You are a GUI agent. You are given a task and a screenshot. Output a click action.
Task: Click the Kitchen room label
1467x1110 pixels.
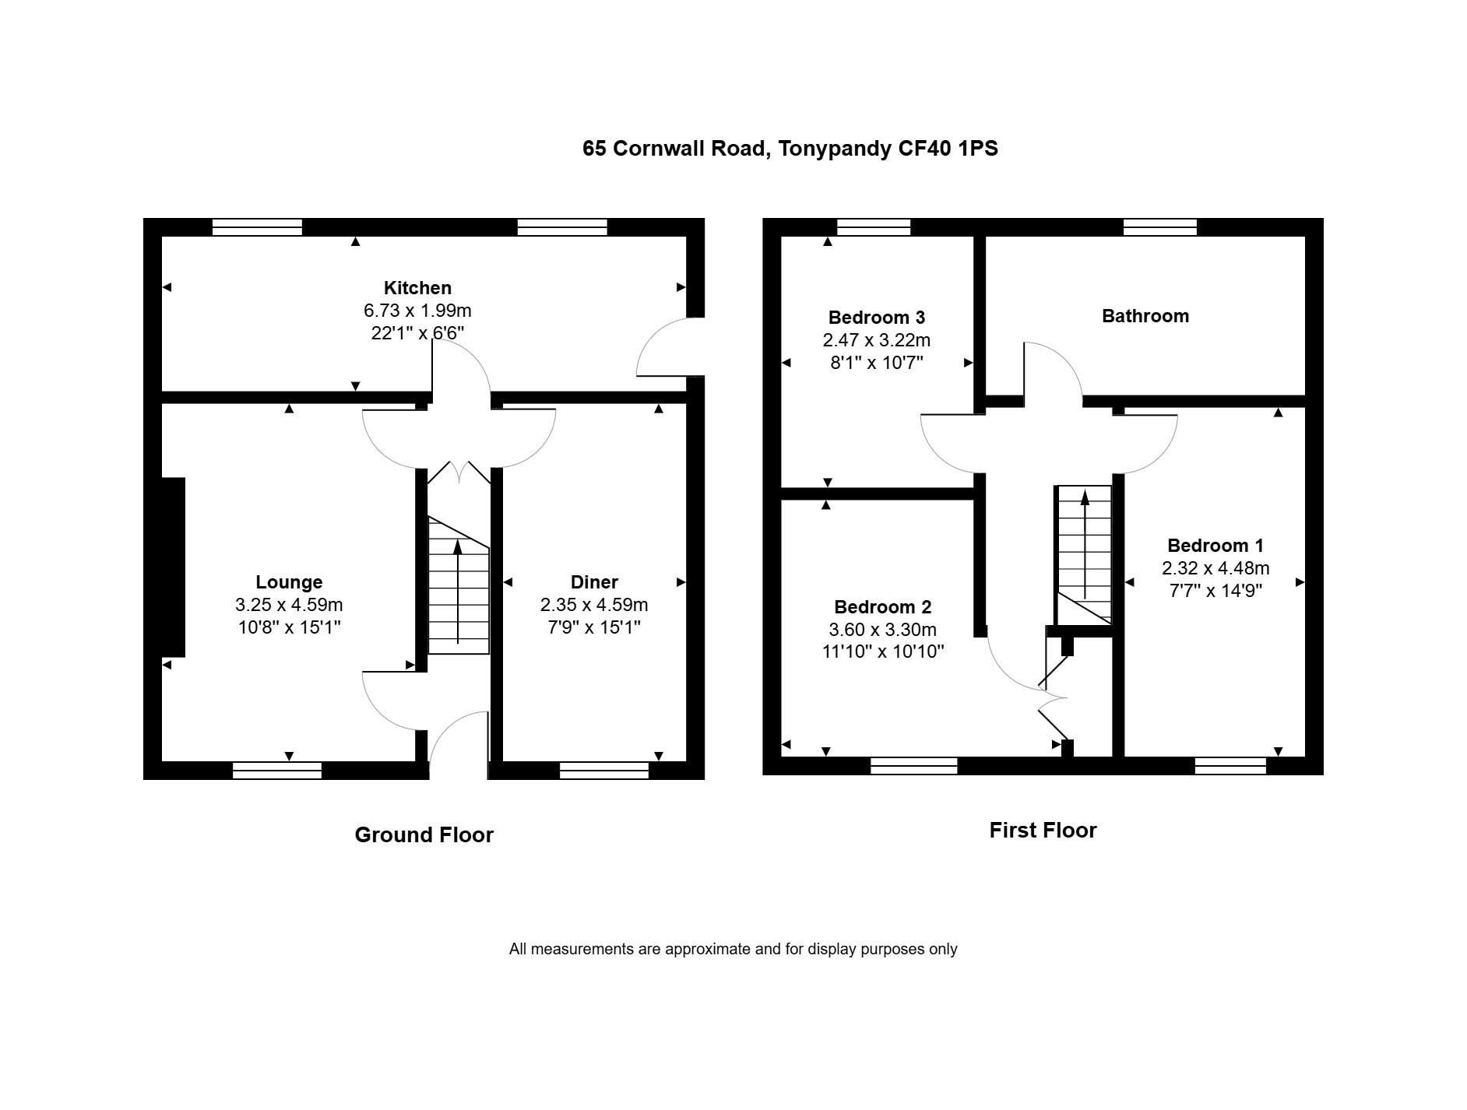pos(417,288)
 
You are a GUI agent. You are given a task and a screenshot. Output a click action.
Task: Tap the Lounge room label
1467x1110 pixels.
pos(289,582)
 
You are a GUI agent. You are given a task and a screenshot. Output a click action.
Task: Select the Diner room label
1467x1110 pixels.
pos(594,582)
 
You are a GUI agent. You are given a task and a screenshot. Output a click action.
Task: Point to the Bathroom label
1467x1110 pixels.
pos(1145,316)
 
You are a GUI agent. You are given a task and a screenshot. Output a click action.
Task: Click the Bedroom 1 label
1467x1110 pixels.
pos(1215,546)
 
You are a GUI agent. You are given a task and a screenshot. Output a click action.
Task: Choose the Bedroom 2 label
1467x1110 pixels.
pos(882,607)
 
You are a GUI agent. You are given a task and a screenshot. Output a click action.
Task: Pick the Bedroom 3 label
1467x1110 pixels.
pos(877,318)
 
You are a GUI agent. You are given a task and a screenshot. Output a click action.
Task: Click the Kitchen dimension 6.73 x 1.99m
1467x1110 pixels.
pos(417,311)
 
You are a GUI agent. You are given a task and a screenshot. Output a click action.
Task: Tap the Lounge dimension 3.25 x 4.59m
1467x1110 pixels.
pos(289,605)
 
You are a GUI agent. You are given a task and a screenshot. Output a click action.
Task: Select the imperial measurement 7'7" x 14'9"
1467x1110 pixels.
pos(1215,591)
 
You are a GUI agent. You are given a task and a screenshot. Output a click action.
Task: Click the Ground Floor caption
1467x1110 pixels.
pos(424,835)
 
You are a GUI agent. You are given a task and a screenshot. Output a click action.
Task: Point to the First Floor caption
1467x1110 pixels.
pos(1043,831)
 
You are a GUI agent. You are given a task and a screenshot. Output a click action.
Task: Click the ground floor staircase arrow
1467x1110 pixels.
pos(458,592)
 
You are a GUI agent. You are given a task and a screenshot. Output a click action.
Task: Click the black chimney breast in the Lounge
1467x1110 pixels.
pos(173,567)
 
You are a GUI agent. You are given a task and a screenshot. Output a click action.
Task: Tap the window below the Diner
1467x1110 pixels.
pos(604,771)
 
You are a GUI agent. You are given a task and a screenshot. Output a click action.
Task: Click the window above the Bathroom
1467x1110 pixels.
pos(1160,227)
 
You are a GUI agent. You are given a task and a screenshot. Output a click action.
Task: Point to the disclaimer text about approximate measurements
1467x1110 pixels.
pos(733,949)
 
